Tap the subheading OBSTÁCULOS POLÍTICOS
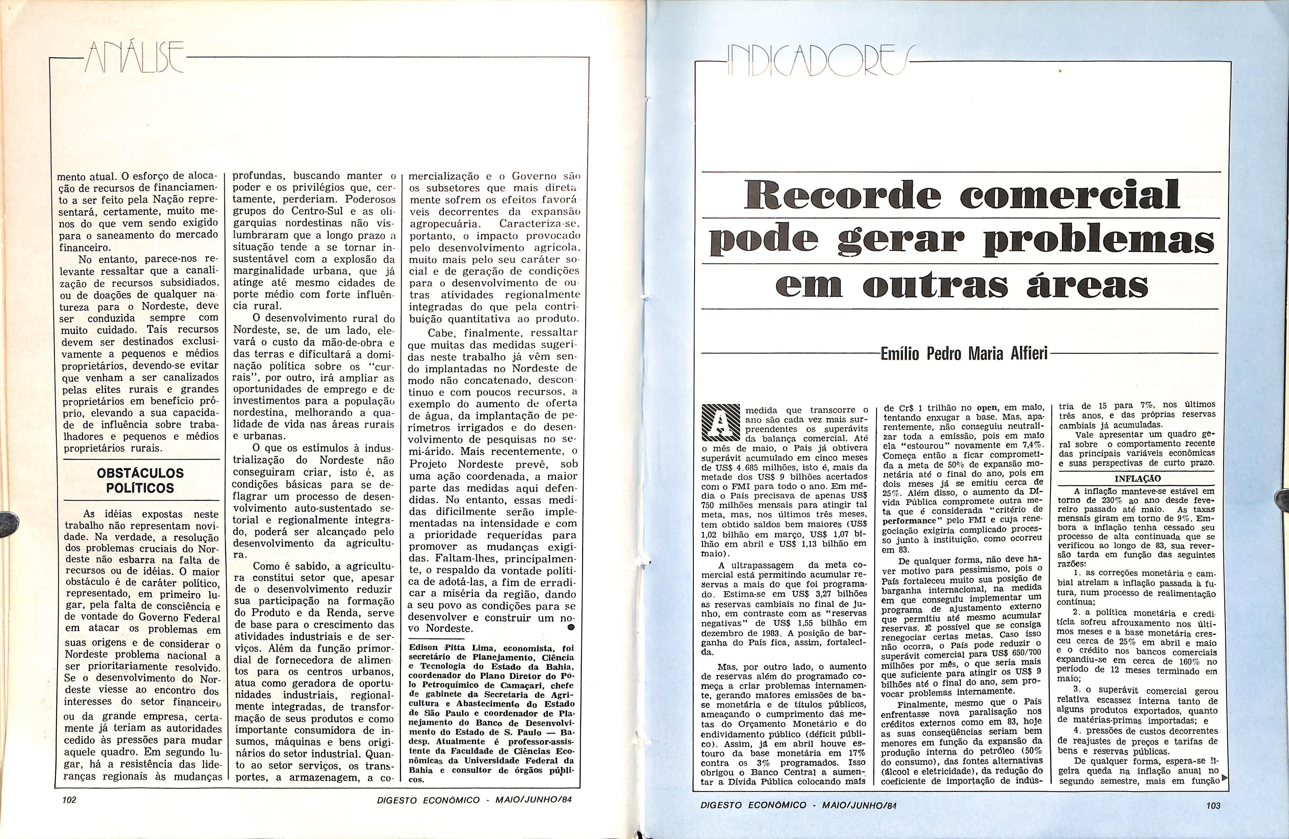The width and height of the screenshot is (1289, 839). tap(140, 480)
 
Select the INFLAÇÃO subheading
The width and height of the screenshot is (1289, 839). tap(1136, 479)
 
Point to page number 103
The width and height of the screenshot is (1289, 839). tap(1213, 806)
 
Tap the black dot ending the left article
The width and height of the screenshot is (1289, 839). tap(570, 627)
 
